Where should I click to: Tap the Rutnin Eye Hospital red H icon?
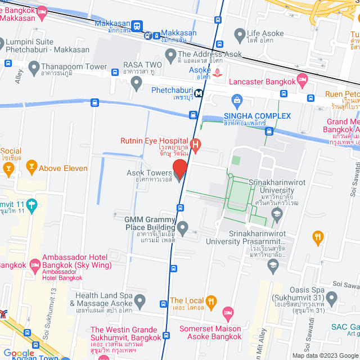coord(195,146)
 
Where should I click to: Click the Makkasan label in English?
coord(112,23)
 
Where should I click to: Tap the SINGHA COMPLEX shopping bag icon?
coord(237,101)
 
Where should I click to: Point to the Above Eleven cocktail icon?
coord(31,168)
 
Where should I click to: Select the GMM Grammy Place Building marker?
coord(182,227)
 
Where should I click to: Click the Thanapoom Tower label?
coord(74,66)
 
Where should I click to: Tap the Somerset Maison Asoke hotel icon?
coord(228,312)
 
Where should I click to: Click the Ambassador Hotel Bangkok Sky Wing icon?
coord(35,264)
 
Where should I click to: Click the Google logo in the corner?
coord(19,353)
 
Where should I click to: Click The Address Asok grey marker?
coord(171,55)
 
